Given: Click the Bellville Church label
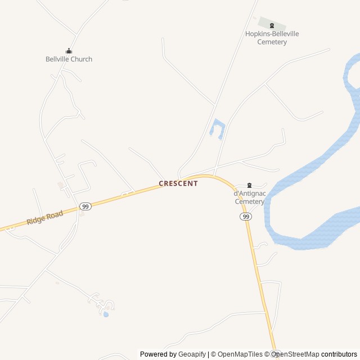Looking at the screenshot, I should pyautogui.click(x=69, y=59).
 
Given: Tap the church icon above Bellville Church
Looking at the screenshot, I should pyautogui.click(x=69, y=51).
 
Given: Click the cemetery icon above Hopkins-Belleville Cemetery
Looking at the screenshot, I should pyautogui.click(x=272, y=25).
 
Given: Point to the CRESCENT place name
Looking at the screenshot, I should pyautogui.click(x=178, y=183).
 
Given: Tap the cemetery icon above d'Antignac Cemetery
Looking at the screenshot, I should pyautogui.click(x=250, y=186).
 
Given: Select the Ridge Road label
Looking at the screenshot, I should pyautogui.click(x=44, y=218).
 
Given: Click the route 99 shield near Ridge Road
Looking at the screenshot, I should pyautogui.click(x=85, y=206).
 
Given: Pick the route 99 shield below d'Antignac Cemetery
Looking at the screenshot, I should pyautogui.click(x=245, y=217).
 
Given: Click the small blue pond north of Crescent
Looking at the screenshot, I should pyautogui.click(x=217, y=129).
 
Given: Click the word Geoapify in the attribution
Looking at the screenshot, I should pyautogui.click(x=192, y=354).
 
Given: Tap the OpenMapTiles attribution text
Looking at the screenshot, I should pyautogui.click(x=240, y=354).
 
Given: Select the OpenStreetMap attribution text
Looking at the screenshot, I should pyautogui.click(x=295, y=354).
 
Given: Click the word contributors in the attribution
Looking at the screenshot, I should pyautogui.click(x=339, y=354).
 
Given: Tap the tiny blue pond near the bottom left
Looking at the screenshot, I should pyautogui.click(x=106, y=314).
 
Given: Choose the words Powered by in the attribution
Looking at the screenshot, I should pyautogui.click(x=158, y=354).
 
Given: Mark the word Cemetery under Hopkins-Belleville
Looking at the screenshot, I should pyautogui.click(x=272, y=42).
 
